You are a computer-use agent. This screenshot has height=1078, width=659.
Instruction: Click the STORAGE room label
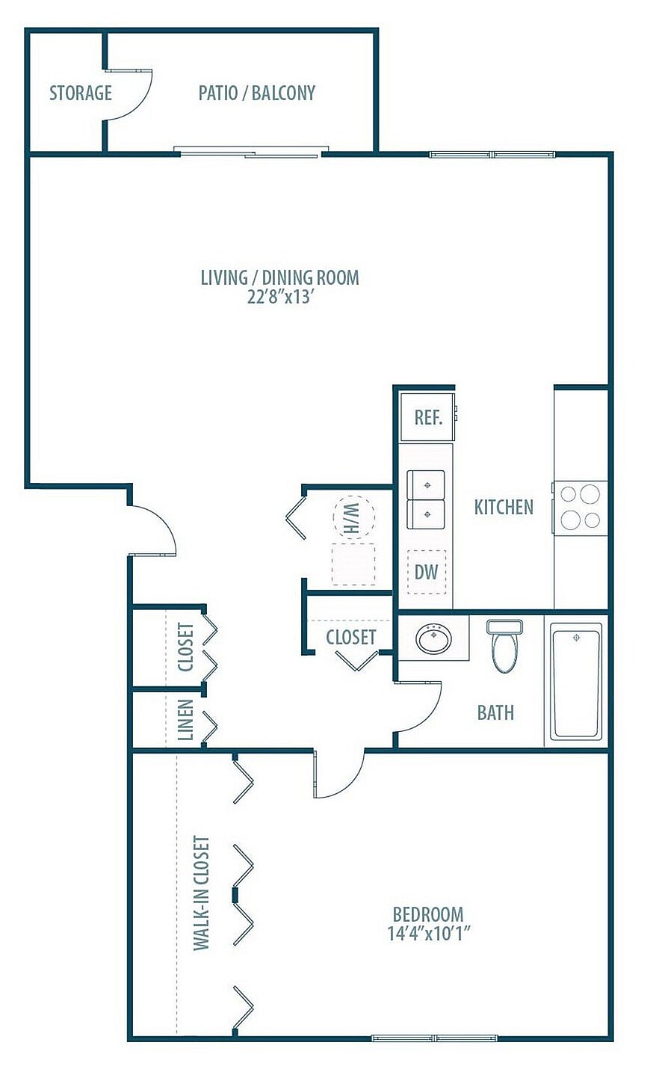(81, 93)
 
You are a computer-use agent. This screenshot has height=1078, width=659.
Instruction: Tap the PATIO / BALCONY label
(256, 93)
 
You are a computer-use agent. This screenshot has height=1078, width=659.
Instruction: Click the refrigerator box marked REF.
(428, 416)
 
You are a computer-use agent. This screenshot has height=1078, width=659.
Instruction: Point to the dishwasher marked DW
(426, 572)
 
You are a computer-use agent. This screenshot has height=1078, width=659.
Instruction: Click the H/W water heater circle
(352, 517)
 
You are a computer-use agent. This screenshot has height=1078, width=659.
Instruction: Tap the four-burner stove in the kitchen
(580, 507)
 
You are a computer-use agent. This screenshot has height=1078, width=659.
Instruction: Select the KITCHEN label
(504, 507)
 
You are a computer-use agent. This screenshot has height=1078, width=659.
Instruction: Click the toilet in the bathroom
(504, 647)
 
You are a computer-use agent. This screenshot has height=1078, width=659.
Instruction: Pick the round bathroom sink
(433, 640)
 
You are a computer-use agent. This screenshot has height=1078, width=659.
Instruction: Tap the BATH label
(495, 712)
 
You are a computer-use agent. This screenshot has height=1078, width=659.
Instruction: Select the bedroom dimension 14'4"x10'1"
(428, 934)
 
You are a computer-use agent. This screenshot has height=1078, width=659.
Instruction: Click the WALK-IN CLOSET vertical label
(201, 893)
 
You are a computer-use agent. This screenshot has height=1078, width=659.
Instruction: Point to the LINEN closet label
(186, 719)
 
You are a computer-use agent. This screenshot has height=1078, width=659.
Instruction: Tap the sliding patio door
(251, 153)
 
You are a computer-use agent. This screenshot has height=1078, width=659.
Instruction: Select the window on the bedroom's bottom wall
(435, 1038)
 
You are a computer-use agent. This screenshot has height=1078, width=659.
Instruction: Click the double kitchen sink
(425, 499)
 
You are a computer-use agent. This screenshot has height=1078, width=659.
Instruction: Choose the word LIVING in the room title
(223, 277)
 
